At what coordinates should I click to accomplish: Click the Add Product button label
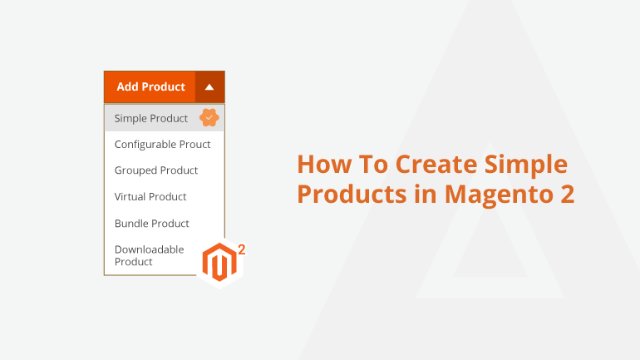150,86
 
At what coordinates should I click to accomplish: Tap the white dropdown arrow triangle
209,87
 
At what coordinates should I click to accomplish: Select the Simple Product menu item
151,118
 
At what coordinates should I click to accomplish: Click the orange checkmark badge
209,117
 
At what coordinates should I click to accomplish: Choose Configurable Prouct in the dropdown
162,145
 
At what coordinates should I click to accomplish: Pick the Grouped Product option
156,170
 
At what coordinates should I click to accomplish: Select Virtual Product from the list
150,197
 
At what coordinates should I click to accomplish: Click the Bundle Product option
152,224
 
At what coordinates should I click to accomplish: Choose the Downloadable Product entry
149,255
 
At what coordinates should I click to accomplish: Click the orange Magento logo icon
219,263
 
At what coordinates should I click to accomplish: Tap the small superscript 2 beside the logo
242,249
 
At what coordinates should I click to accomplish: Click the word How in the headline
324,164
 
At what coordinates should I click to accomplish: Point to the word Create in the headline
436,164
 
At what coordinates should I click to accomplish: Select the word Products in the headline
352,194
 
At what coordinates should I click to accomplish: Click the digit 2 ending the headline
568,194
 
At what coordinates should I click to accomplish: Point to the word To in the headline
373,164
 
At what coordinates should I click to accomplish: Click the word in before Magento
426,194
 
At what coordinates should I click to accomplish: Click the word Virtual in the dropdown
130,197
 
